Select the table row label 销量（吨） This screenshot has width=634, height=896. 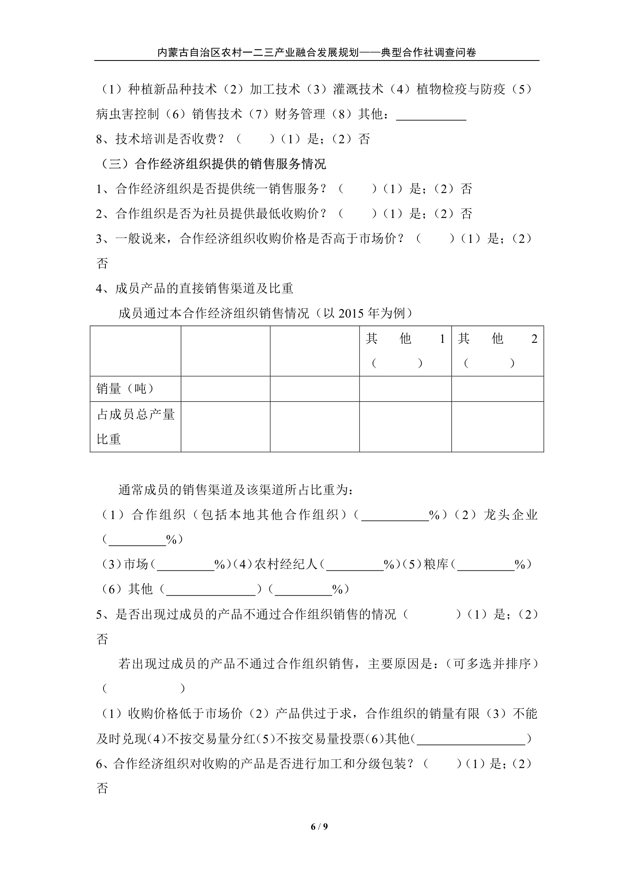[x=125, y=389]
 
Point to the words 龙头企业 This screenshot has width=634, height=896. [x=510, y=515]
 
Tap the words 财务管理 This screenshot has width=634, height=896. [x=300, y=114]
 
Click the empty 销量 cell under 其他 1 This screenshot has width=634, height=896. [x=405, y=389]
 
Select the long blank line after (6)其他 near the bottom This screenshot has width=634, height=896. [x=471, y=739]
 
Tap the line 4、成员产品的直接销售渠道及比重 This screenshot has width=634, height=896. [x=194, y=288]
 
